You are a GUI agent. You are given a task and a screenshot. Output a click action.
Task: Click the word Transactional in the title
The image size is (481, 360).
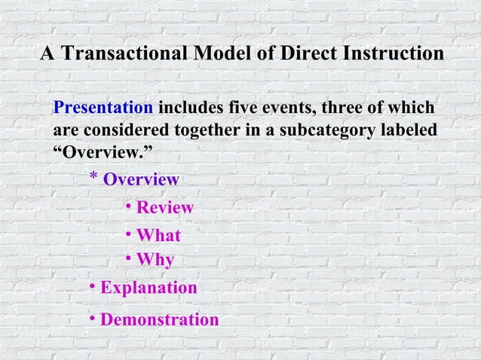coord(125,55)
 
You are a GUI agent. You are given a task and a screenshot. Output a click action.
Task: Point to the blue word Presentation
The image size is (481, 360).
coord(103,108)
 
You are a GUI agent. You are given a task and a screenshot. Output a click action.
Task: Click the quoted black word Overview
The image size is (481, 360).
coord(102,153)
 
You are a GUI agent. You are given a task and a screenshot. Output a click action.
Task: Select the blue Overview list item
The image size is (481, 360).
coord(141,180)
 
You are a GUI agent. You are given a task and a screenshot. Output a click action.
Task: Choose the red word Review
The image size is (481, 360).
coord(164,208)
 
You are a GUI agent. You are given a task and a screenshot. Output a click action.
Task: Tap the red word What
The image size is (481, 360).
coord(158,236)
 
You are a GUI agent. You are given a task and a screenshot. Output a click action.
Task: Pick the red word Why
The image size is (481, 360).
coord(155,261)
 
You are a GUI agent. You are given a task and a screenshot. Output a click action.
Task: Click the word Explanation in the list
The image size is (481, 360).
coord(149,288)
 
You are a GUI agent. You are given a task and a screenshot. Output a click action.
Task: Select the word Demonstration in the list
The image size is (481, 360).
coord(159,320)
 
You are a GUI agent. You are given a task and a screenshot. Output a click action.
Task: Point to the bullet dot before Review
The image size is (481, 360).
coord(129,206)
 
